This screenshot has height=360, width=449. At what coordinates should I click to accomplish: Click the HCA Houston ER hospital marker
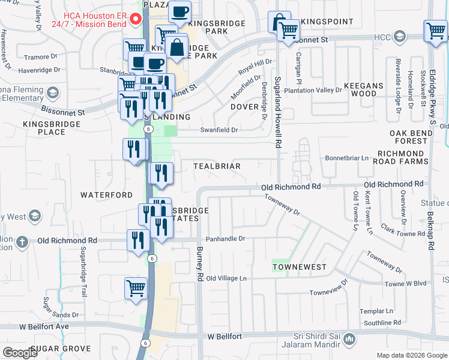click(136, 18)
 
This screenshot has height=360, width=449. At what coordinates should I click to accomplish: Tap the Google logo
click(20, 353)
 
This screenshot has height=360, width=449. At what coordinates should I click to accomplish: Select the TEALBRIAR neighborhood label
click(217, 166)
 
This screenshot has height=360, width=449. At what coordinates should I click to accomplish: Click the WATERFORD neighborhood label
click(106, 195)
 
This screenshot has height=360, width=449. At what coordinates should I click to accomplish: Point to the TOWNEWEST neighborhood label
click(300, 266)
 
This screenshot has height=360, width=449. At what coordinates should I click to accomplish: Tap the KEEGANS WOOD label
click(364, 89)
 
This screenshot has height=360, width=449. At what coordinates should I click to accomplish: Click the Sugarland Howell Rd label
click(277, 112)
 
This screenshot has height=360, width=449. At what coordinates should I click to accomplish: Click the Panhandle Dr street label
click(226, 238)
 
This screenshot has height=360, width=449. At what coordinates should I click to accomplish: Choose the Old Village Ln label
click(226, 278)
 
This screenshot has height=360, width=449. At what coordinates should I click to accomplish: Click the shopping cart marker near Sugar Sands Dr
click(136, 287)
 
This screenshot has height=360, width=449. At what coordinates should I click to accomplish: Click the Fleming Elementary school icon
click(53, 92)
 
